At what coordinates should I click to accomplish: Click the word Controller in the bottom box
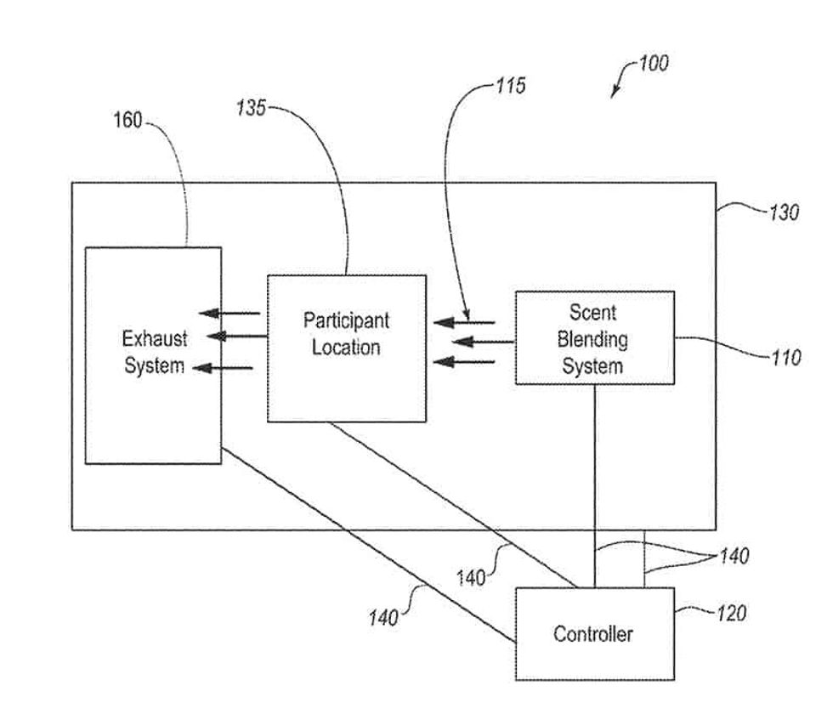pos(593,634)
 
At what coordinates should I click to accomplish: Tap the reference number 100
pos(653,63)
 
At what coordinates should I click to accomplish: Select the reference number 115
pos(510,86)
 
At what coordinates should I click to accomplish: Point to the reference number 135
pos(251,108)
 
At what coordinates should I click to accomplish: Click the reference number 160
pos(127,121)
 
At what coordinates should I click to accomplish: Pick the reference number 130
pos(784,212)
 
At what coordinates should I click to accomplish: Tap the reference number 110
pos(785,358)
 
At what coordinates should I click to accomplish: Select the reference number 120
pos(730,613)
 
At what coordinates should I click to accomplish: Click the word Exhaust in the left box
pos(155,339)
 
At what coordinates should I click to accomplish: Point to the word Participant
pos(346,320)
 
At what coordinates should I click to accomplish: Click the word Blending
pos(592,340)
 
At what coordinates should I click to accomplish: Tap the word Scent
pos(592,313)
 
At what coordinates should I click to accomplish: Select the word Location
pos(346,348)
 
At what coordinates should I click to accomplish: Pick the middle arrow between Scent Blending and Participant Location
pos(482,343)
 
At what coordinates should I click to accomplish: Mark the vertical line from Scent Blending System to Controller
pos(594,484)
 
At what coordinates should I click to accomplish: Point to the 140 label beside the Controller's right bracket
pos(734,557)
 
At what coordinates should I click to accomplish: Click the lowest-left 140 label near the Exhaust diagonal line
pos(383,618)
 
